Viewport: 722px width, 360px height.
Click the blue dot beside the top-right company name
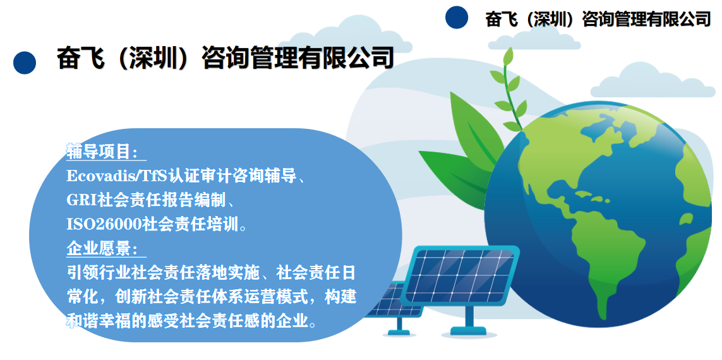456,17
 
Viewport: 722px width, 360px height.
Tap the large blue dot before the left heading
25,62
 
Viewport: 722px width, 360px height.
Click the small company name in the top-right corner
598,19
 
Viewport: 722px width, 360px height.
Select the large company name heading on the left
225,58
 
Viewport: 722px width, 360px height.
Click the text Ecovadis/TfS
116,175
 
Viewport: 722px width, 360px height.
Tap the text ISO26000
104,224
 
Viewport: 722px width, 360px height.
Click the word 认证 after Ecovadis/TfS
182,175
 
